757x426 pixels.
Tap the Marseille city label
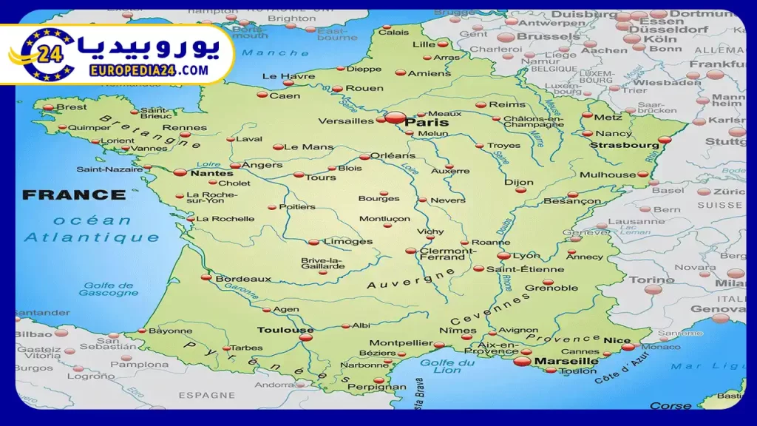tap(566, 361)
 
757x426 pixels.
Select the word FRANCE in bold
tap(74, 195)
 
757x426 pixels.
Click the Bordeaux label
tap(243, 279)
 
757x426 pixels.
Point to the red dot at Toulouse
tap(306, 338)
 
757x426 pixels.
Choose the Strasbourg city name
tap(624, 146)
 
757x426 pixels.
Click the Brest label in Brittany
tap(72, 107)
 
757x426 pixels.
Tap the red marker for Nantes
tap(180, 172)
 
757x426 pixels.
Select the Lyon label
tap(526, 256)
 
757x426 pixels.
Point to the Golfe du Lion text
tap(447, 367)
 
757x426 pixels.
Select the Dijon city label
tap(518, 182)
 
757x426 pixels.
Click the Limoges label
tap(348, 242)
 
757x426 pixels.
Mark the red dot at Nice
tap(628, 346)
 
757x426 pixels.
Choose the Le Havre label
tap(278, 76)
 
